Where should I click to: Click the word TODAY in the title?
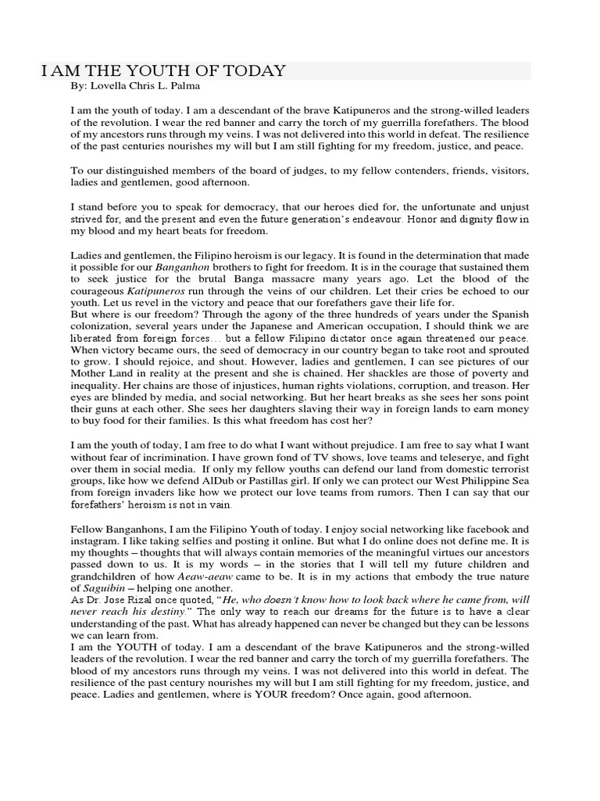256,72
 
